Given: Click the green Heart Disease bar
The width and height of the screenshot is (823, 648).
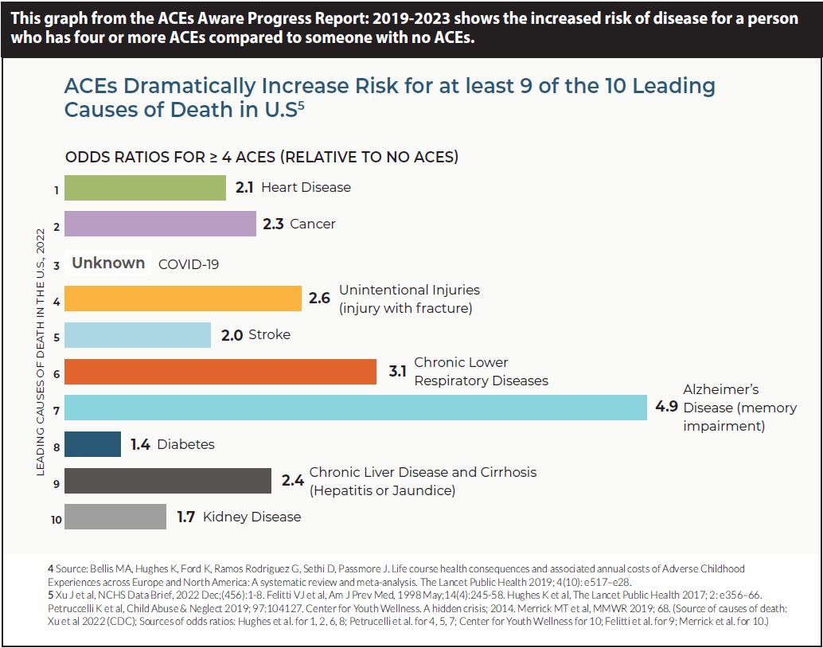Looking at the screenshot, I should click(145, 188).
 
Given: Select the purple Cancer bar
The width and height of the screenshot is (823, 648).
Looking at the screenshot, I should click(159, 224).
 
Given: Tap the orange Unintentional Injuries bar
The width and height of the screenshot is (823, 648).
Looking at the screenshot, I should click(182, 298).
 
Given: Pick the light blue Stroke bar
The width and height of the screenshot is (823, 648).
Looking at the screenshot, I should click(137, 335).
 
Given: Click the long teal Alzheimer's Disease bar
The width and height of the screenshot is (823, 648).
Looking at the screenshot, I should click(355, 407).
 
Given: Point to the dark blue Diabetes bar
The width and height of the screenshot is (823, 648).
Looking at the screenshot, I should click(92, 444).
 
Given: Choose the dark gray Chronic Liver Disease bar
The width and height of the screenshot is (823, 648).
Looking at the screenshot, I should click(167, 481).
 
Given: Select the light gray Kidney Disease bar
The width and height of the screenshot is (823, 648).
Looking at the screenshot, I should click(115, 517).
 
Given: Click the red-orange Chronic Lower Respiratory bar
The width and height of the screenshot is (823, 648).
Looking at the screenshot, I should click(220, 371).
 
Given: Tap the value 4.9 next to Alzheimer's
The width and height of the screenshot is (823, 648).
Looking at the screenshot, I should click(666, 407).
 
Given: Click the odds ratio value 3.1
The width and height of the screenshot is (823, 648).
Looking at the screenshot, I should click(397, 371).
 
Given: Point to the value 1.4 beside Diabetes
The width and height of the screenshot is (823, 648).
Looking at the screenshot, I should click(141, 444).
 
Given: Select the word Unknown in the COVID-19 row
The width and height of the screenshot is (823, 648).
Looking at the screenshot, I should click(108, 263).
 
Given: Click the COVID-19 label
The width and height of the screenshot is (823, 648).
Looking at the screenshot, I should click(189, 264).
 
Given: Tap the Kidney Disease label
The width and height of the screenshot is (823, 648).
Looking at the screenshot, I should click(252, 517).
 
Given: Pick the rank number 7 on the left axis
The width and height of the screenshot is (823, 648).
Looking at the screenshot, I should click(57, 408).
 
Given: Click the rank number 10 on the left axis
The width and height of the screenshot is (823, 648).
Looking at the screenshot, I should click(56, 519).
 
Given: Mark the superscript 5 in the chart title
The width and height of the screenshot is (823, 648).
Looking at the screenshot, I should click(301, 104).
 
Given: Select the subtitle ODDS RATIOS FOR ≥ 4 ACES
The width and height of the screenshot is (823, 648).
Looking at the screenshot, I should click(261, 157).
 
